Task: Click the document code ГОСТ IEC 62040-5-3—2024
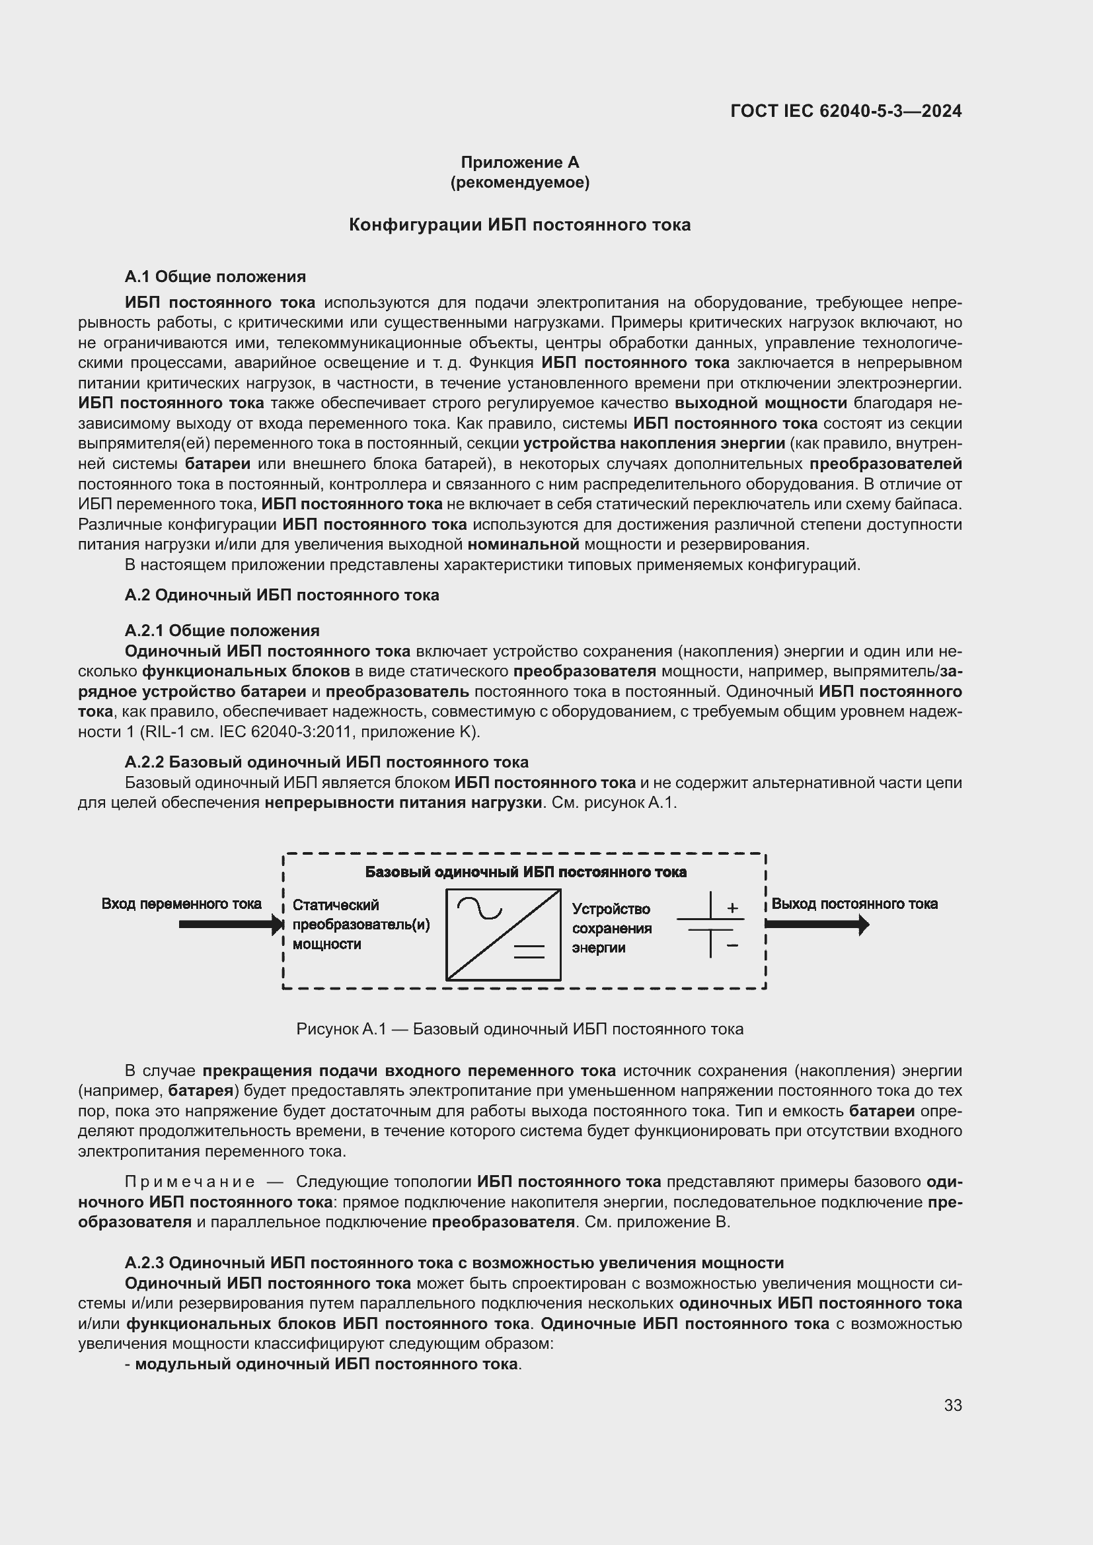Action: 845,111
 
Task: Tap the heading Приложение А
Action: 519,162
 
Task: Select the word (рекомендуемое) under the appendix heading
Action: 519,182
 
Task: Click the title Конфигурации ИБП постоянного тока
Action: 519,225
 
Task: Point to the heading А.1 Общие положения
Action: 215,277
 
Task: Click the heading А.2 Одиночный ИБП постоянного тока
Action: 282,595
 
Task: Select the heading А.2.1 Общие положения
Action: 221,631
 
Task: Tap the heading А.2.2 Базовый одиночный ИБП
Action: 326,762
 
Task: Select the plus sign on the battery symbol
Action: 732,908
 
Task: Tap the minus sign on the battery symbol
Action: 732,945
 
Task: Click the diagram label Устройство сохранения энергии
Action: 611,928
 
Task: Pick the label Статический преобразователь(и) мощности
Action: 360,924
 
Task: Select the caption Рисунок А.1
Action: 519,1029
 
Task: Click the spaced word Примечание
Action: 190,1182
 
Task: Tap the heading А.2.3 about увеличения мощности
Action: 453,1262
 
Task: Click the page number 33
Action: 952,1405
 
